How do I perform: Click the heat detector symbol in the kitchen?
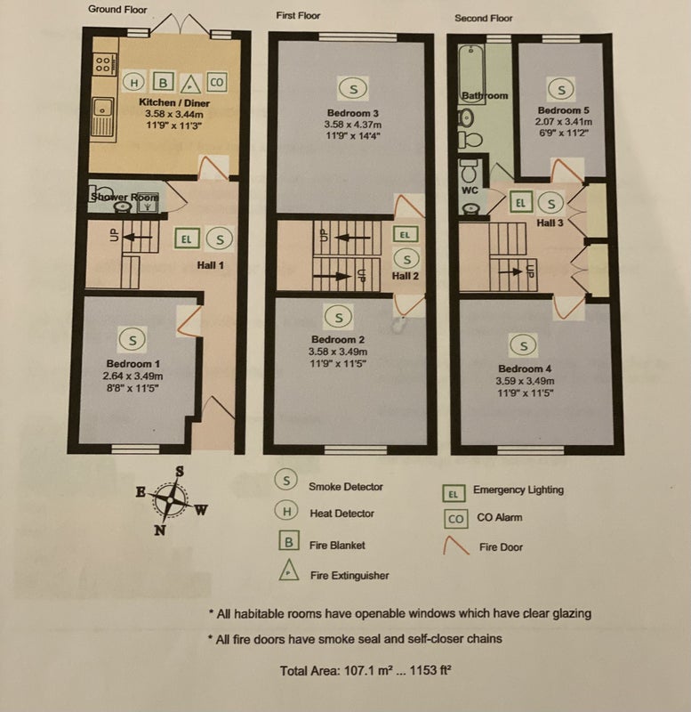pyautogui.click(x=134, y=83)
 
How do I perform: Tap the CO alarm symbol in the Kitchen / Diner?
pyautogui.click(x=217, y=82)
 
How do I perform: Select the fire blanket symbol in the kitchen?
pyautogui.click(x=163, y=82)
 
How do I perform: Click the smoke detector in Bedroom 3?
pyautogui.click(x=353, y=88)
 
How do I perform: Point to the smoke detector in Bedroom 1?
pyautogui.click(x=133, y=340)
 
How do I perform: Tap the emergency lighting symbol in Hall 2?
pyautogui.click(x=405, y=235)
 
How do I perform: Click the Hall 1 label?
pyautogui.click(x=210, y=265)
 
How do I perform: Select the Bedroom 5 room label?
pyautogui.click(x=563, y=110)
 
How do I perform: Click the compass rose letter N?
pyautogui.click(x=160, y=530)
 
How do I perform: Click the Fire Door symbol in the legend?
pyautogui.click(x=456, y=546)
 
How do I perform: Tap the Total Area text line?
pyautogui.click(x=366, y=671)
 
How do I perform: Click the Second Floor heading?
pyautogui.click(x=483, y=18)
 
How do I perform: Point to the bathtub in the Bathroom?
pyautogui.click(x=471, y=74)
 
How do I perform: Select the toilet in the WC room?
pyautogui.click(x=469, y=172)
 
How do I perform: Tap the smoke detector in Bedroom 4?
pyautogui.click(x=524, y=345)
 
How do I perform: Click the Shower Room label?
pyautogui.click(x=125, y=197)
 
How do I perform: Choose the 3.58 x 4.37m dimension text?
pyautogui.click(x=353, y=125)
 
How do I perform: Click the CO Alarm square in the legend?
pyautogui.click(x=455, y=519)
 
